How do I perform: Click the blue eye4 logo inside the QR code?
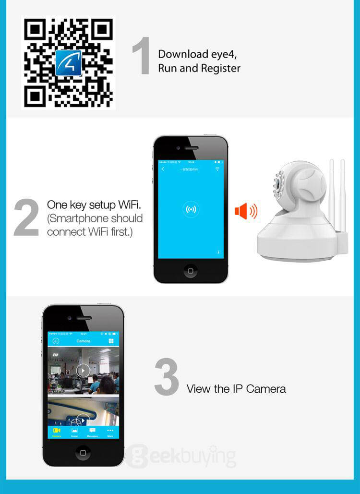68,63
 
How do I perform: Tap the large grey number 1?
141,57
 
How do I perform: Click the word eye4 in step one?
224,54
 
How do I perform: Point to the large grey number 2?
26,218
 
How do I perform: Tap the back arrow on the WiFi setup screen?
163,169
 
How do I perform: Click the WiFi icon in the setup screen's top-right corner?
217,169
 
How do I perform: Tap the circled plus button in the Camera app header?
56,341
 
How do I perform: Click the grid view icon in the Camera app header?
111,341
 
